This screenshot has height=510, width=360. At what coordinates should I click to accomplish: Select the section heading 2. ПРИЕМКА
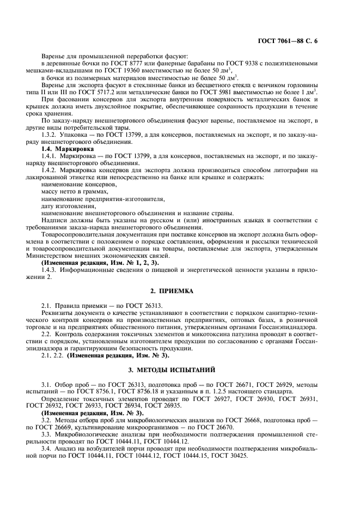coord(180,291)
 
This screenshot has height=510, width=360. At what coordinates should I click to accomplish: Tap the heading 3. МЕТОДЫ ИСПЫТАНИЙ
coord(180,369)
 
